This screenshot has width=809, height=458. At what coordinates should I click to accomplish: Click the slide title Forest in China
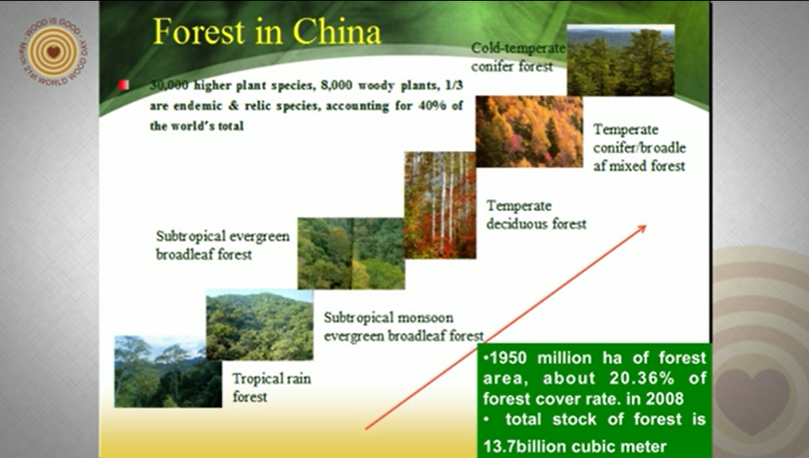267,32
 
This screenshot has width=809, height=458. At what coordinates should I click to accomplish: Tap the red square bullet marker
124,85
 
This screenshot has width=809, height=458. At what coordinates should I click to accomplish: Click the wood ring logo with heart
53,52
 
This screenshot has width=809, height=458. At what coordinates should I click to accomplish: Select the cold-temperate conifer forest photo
621,60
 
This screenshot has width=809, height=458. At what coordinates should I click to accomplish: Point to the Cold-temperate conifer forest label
518,57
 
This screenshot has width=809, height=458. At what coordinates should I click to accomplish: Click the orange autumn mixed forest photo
529,131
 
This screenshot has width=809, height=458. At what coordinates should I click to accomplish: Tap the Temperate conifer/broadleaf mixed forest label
639,147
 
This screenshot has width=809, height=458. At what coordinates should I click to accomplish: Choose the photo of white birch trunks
440,206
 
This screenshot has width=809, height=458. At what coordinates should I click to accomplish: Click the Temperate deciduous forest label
536,214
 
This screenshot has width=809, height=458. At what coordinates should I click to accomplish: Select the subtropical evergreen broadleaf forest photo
351,253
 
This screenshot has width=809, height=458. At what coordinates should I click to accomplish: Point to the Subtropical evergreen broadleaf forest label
222,245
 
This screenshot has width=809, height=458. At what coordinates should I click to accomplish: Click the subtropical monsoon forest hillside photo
260,325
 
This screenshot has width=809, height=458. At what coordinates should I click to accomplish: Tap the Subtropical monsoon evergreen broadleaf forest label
403,327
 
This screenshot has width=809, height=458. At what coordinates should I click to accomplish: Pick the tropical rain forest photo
168,371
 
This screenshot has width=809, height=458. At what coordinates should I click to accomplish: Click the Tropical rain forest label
271,387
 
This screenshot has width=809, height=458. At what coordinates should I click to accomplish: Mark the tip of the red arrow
646,225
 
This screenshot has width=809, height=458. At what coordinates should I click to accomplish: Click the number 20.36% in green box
642,378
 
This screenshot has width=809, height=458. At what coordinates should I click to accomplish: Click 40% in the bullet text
432,106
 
